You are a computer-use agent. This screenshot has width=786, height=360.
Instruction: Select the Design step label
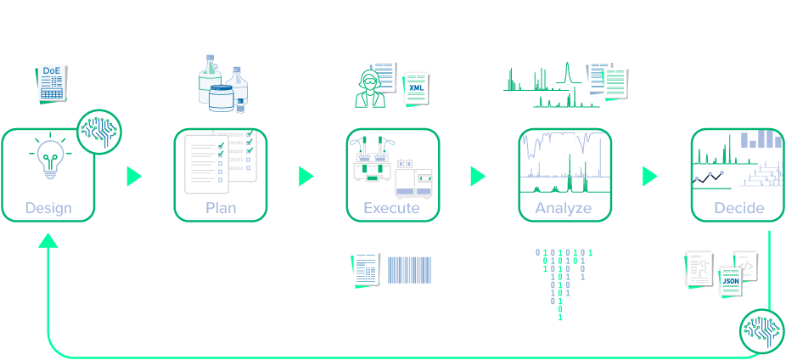[48, 208]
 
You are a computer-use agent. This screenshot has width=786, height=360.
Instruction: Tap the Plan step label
[221, 208]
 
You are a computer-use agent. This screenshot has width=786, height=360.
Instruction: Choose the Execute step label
[392, 208]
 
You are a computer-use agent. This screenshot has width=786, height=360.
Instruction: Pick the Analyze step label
[564, 208]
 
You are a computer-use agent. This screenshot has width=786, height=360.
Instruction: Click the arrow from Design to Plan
[134, 176]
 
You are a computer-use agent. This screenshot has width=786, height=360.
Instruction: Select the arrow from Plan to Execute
[306, 176]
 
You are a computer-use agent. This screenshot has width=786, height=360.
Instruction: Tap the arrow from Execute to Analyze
[478, 176]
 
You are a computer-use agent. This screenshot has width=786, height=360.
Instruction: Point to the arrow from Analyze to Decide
[650, 176]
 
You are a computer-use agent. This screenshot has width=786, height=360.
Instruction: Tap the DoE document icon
[52, 82]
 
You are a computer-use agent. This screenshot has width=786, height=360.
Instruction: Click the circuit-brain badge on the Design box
[99, 132]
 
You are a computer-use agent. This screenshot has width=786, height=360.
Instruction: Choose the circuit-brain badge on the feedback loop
[761, 330]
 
